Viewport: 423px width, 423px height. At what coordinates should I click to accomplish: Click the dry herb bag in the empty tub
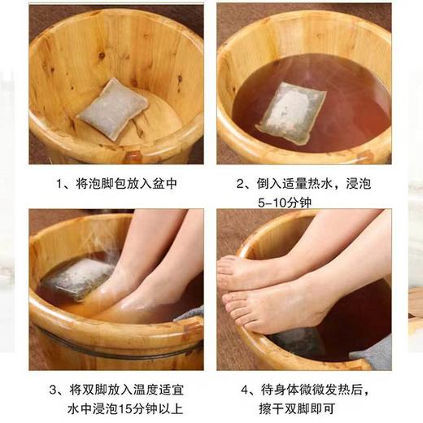tap(112, 109)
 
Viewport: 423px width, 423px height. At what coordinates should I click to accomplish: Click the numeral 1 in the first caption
tap(62, 185)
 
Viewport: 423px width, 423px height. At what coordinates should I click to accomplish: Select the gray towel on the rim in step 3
tap(189, 313)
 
